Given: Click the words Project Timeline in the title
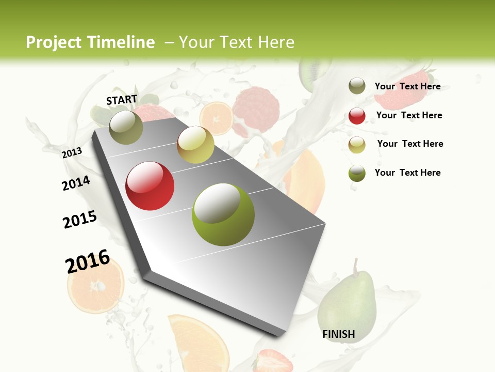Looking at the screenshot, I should (90, 42).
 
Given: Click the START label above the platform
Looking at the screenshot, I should (122, 100).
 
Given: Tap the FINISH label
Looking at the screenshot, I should (338, 334).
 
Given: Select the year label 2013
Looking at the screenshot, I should (72, 152).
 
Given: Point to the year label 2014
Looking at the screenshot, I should (76, 183).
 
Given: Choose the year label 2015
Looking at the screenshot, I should (80, 219).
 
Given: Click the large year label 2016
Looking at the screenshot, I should (88, 261).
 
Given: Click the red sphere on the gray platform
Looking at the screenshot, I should (150, 186).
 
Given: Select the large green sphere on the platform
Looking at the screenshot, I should (223, 214).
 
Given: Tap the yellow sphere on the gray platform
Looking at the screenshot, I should (195, 145).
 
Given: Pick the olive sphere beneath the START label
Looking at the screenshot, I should (126, 127).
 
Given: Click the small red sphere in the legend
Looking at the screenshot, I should (357, 116).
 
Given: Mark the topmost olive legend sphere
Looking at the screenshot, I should (357, 86).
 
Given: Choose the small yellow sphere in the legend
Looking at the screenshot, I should (357, 145).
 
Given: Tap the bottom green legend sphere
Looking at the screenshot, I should (357, 173).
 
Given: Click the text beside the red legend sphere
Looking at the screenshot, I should (409, 115).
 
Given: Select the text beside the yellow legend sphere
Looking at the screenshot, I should (410, 144).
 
